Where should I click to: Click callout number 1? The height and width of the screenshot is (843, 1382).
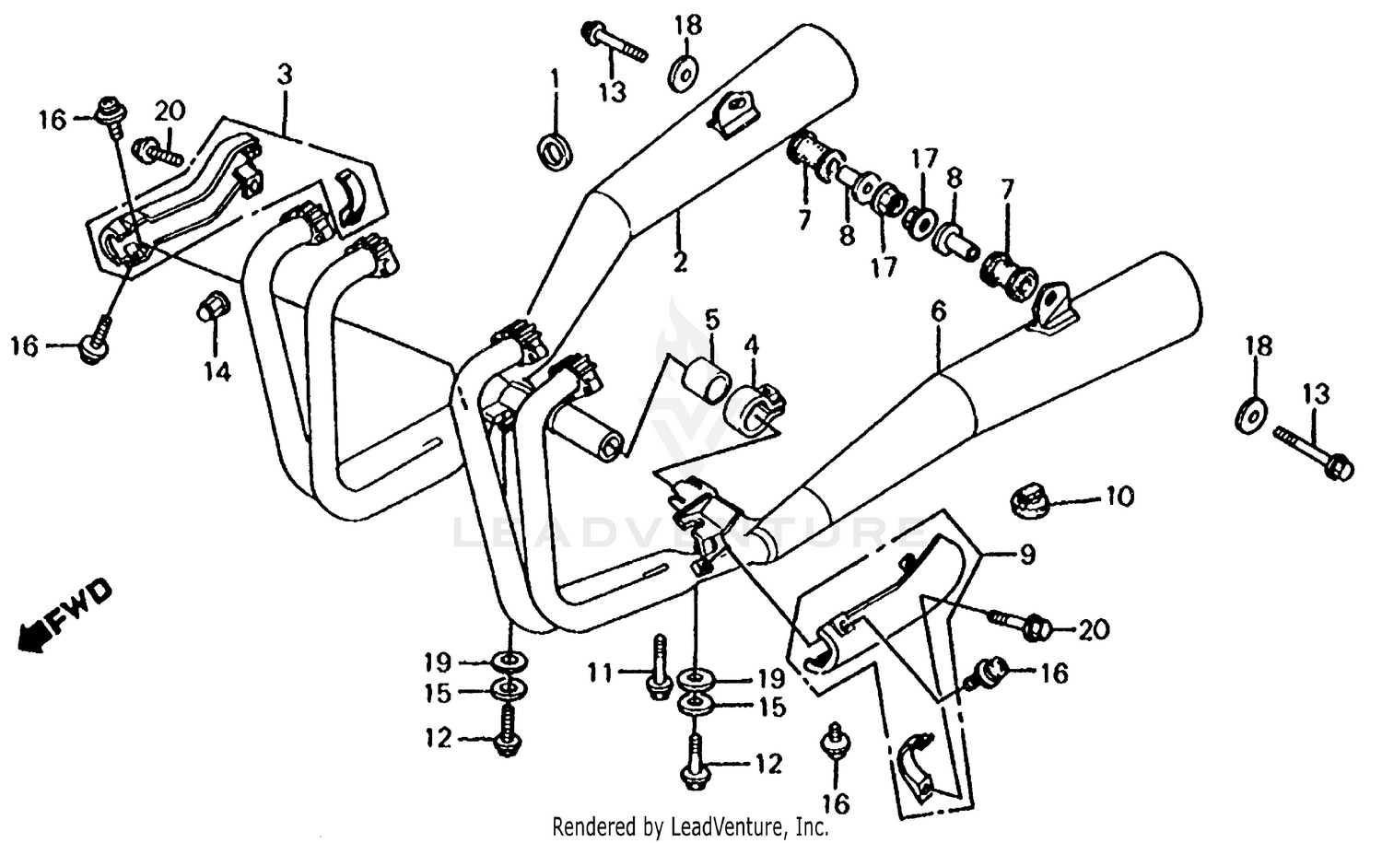[x=555, y=77]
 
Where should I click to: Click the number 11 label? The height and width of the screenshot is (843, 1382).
[x=600, y=674]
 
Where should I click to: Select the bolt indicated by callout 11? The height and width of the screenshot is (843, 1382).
[x=660, y=668]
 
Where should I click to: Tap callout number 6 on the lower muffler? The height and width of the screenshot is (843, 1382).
[x=937, y=312]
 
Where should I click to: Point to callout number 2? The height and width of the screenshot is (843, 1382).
[x=679, y=263]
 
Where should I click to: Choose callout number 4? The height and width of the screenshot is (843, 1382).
[x=753, y=347]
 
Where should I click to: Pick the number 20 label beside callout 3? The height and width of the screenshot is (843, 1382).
[x=170, y=111]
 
